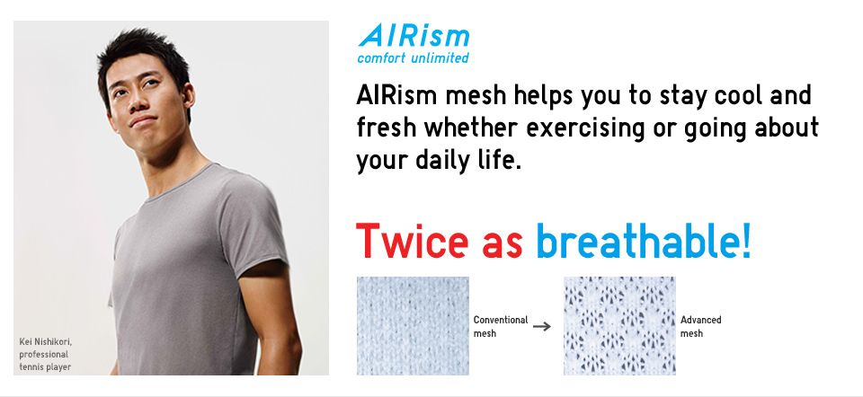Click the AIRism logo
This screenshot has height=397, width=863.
click(413, 37)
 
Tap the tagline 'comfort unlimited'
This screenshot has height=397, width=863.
click(413, 58)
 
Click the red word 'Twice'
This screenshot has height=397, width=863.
click(412, 241)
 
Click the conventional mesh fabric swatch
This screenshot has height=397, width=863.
click(413, 325)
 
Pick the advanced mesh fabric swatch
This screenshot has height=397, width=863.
click(618, 325)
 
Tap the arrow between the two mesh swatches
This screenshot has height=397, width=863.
click(540, 326)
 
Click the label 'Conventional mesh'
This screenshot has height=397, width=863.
click(500, 326)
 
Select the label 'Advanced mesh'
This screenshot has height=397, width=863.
click(700, 326)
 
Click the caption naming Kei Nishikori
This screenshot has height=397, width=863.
click(44, 353)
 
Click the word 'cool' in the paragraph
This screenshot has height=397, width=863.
click(734, 95)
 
